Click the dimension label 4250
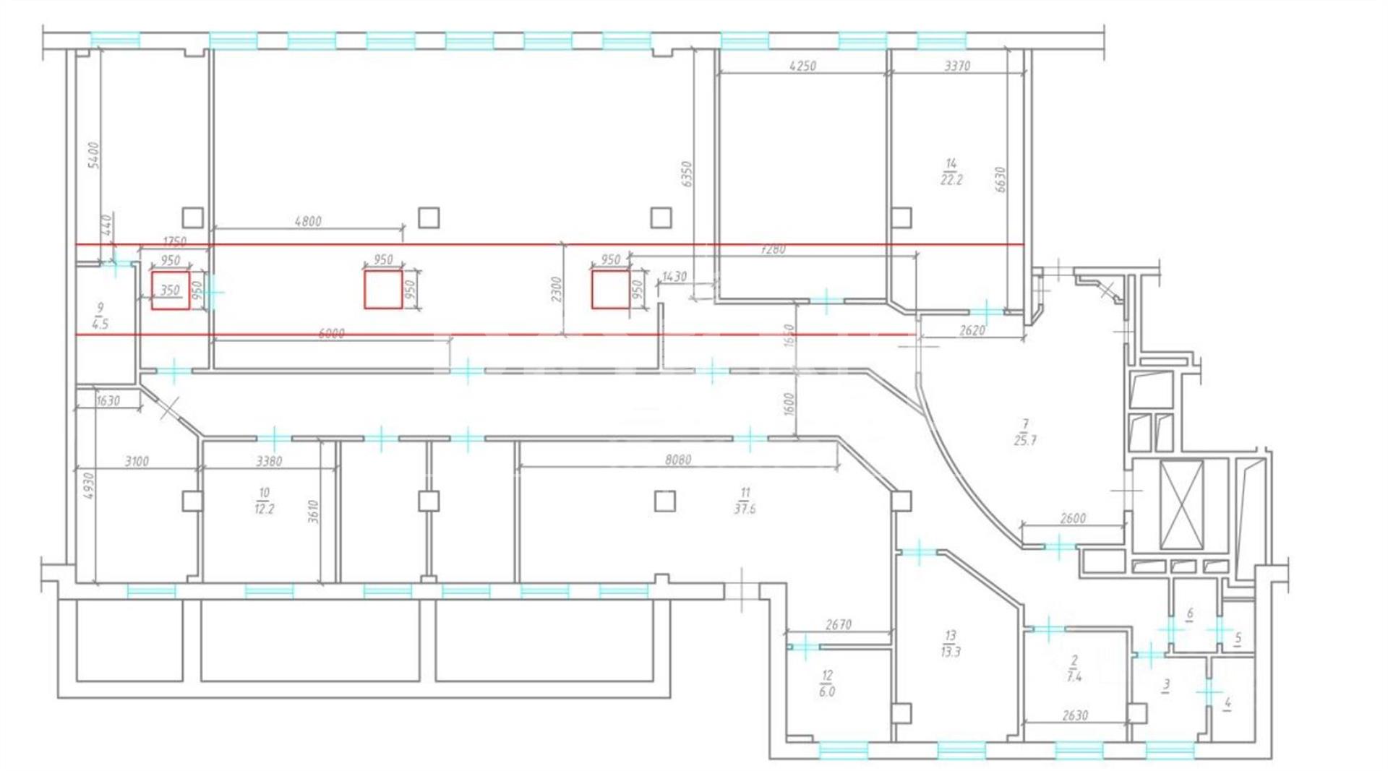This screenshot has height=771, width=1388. tap(802, 66)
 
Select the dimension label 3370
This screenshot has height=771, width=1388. tap(957, 66)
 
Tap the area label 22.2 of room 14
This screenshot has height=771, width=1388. tap(951, 180)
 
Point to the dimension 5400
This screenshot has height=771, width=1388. tap(93, 155)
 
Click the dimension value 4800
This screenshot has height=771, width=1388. tap(308, 221)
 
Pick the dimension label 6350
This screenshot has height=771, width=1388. tap(687, 174)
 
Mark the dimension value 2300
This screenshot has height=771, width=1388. tap(556, 290)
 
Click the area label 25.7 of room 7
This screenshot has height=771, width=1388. tap(1025, 440)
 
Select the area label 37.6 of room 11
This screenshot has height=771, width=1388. tap(745, 508)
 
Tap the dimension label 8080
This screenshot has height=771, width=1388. tap(677, 460)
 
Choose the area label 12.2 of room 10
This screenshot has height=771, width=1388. tap(264, 509)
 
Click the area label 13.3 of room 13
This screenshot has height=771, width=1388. tap(950, 652)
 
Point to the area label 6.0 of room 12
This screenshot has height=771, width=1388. tap(827, 692)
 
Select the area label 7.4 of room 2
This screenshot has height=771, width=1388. tap(1074, 677)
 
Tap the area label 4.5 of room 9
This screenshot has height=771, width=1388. tap(100, 324)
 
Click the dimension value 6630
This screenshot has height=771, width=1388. tap(1000, 180)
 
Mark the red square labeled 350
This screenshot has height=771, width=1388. tap(171, 290)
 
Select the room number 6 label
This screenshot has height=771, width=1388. tap(1189, 613)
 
